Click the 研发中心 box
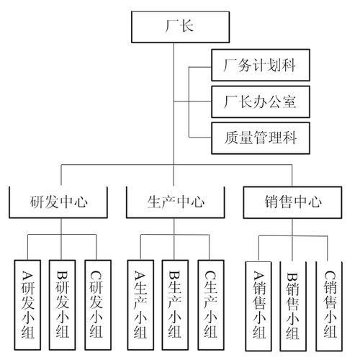[60, 202]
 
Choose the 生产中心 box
[176, 202]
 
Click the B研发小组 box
[63, 303]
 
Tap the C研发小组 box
[97, 303]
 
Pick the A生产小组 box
[140, 303]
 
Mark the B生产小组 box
[175, 303]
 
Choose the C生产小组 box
[210, 303]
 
